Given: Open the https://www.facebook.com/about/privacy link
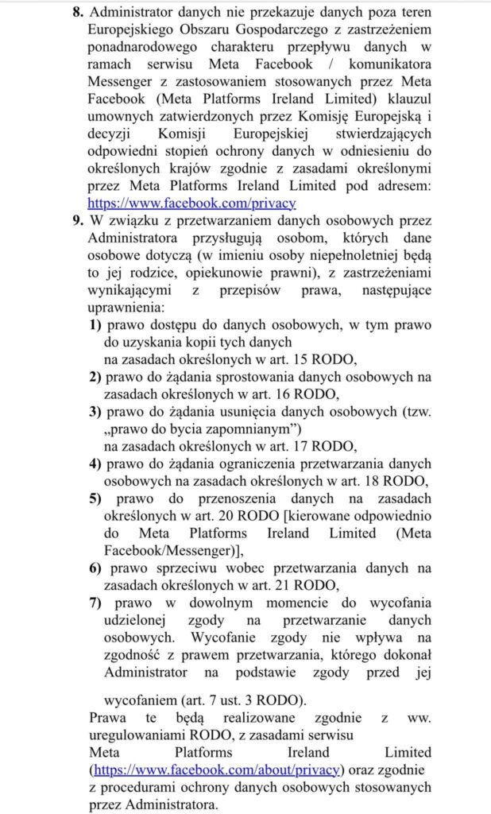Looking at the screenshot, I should point(218,769).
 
